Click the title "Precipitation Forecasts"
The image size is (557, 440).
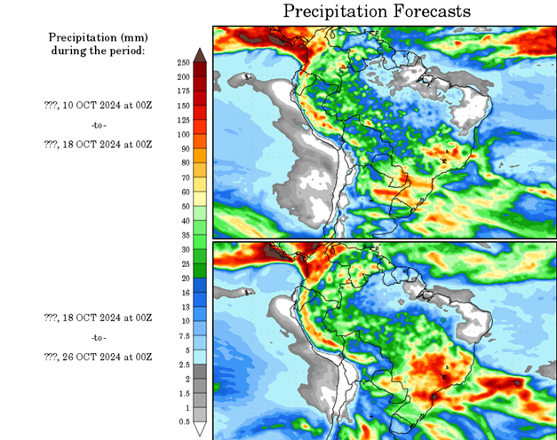pyautogui.click(x=377, y=11)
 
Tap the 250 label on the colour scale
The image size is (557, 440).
pyautogui.click(x=184, y=62)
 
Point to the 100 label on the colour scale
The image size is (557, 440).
pyautogui.click(x=184, y=134)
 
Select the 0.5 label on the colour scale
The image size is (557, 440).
pyautogui.click(x=184, y=420)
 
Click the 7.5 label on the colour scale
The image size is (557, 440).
pyautogui.click(x=184, y=335)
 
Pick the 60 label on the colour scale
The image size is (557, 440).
pyautogui.click(x=184, y=192)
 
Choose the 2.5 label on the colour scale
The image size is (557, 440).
pyautogui.click(x=184, y=364)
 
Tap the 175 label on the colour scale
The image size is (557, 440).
pyautogui.click(x=184, y=91)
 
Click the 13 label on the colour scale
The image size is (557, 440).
pyautogui.click(x=184, y=306)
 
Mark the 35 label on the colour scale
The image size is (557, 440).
pyautogui.click(x=184, y=235)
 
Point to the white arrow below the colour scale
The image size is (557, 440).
pyautogui.click(x=200, y=429)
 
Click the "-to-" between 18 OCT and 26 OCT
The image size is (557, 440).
pyautogui.click(x=97, y=337)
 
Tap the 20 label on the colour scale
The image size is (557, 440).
pyautogui.click(x=184, y=278)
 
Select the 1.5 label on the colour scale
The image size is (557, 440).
pyautogui.click(x=184, y=392)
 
